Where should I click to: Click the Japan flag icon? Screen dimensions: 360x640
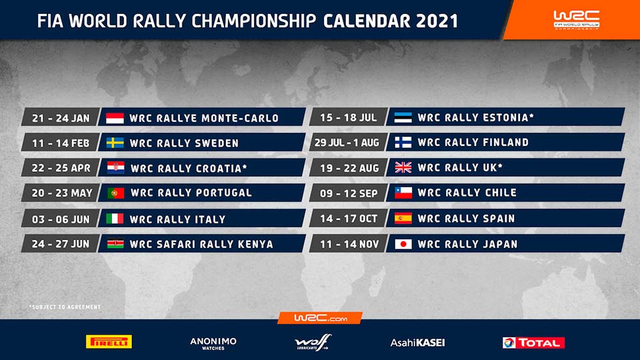(x=403, y=244)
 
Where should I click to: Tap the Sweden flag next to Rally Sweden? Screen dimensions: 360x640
(x=115, y=143)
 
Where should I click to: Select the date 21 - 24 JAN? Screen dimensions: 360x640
(x=61, y=118)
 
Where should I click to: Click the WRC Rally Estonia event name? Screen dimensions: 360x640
(x=475, y=118)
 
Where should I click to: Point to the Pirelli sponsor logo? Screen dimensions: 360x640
(x=109, y=342)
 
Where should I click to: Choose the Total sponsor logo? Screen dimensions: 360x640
(x=533, y=342)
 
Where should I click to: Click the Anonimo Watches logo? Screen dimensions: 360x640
(x=213, y=342)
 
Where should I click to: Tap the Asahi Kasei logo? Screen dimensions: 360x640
(x=417, y=343)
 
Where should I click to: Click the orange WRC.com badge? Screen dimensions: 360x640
(x=320, y=319)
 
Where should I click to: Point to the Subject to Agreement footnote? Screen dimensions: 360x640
(x=65, y=307)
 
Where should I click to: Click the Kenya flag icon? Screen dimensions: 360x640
(x=115, y=244)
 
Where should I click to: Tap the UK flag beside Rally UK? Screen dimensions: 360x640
(x=403, y=168)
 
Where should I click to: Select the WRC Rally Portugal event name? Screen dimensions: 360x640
(x=191, y=193)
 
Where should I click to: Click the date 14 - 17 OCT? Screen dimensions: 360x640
(x=349, y=219)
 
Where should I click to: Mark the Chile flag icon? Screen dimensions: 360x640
(x=403, y=193)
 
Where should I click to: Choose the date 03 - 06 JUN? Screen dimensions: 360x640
(x=61, y=219)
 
